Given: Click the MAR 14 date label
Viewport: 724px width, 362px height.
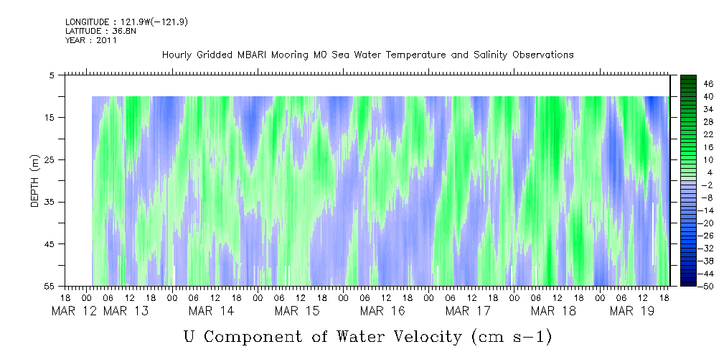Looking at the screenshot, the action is [211, 311].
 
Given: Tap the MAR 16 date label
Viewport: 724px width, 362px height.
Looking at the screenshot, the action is [382, 311].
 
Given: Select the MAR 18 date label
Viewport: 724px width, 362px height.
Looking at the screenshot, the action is [553, 311].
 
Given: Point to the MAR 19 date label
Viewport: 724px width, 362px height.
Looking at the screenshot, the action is [632, 311].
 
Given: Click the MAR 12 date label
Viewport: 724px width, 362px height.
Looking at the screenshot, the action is [75, 311].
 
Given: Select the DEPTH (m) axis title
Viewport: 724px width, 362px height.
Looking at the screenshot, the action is [35, 181].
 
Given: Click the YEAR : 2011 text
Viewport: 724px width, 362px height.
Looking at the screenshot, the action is [91, 40].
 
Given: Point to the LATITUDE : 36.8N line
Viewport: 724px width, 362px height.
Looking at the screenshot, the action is [100, 31].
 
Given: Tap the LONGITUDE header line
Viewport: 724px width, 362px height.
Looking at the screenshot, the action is [126, 22].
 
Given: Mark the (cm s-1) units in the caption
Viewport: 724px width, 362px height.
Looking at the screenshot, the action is [512, 337].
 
